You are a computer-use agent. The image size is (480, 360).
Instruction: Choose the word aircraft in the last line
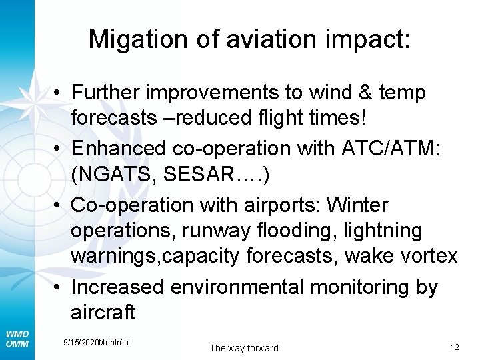click(x=103, y=312)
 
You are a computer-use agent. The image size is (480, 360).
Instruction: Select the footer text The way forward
click(x=243, y=348)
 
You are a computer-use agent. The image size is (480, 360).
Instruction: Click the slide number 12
click(x=455, y=347)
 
